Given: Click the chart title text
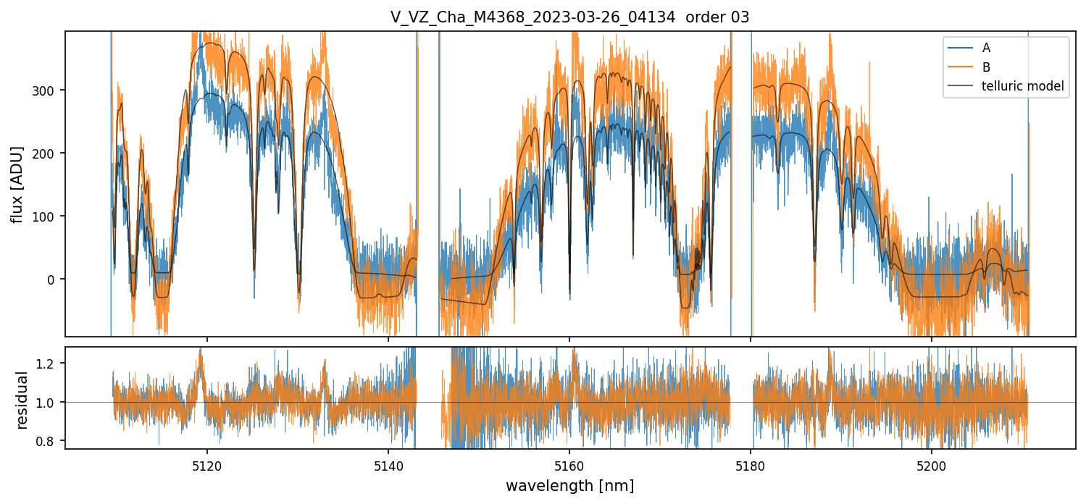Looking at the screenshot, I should click(x=569, y=17).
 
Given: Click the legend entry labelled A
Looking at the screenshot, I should click(x=986, y=49).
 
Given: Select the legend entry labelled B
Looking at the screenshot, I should click(x=986, y=67).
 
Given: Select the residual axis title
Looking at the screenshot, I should click(x=22, y=400).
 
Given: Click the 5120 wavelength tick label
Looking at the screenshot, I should click(x=207, y=463).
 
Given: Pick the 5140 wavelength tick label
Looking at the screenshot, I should click(x=388, y=463).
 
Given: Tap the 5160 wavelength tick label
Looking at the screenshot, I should click(x=569, y=463).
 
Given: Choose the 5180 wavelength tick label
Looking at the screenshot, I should click(x=751, y=463).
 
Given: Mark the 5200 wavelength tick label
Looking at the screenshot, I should click(x=932, y=463).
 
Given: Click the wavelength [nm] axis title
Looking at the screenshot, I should click(x=569, y=485).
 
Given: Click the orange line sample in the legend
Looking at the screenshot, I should click(x=958, y=67).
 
